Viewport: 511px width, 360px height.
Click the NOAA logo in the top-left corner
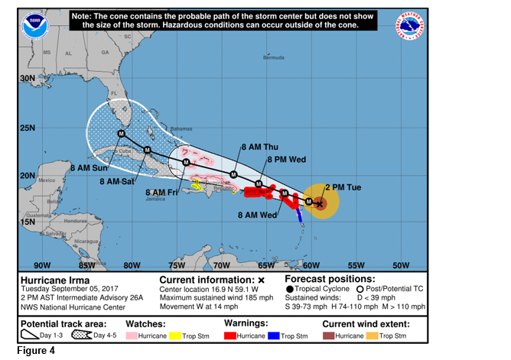(x=34, y=24)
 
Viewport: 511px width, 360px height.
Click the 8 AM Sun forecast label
(x=89, y=167)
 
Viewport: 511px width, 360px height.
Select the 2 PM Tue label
(x=343, y=186)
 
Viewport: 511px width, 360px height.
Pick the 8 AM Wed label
(x=256, y=216)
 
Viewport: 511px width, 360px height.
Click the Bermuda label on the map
(x=273, y=58)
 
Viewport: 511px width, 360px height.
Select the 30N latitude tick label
(x=27, y=78)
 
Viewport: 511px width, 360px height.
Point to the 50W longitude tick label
(x=400, y=265)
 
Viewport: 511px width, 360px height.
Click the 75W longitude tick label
(x=177, y=265)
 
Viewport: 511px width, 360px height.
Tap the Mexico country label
(x=47, y=180)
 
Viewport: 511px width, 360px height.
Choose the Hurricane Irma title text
(x=49, y=280)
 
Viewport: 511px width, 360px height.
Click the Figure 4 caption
(x=25, y=352)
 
